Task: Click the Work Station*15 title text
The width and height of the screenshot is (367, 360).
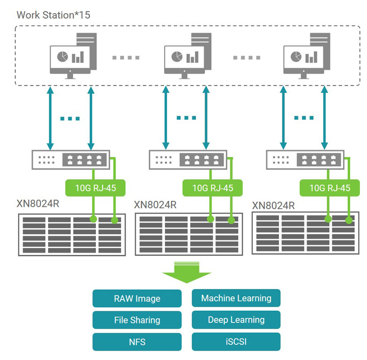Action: click(x=54, y=15)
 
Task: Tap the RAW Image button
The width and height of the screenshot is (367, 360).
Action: click(x=137, y=299)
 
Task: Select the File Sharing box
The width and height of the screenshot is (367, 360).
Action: click(x=137, y=321)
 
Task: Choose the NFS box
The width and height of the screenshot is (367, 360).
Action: click(x=137, y=342)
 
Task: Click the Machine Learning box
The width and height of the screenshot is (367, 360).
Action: click(x=236, y=298)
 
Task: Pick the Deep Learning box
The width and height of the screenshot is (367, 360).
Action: click(x=236, y=320)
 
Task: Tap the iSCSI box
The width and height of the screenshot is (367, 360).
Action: click(x=236, y=342)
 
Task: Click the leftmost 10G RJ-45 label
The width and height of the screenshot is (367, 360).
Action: click(x=95, y=188)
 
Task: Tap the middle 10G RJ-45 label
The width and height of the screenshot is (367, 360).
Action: click(x=213, y=188)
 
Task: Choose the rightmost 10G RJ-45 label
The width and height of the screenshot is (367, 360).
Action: click(x=329, y=188)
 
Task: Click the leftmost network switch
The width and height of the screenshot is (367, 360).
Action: click(x=70, y=160)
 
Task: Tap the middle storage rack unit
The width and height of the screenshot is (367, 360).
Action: click(x=189, y=234)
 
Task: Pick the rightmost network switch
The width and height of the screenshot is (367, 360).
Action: click(x=305, y=160)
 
